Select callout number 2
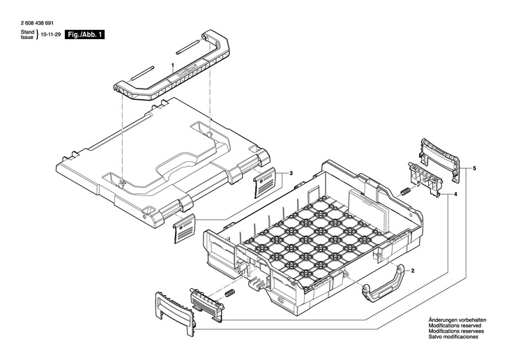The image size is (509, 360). click(x=412, y=271)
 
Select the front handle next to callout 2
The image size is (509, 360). click(x=383, y=282)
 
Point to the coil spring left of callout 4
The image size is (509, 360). click(x=404, y=191)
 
